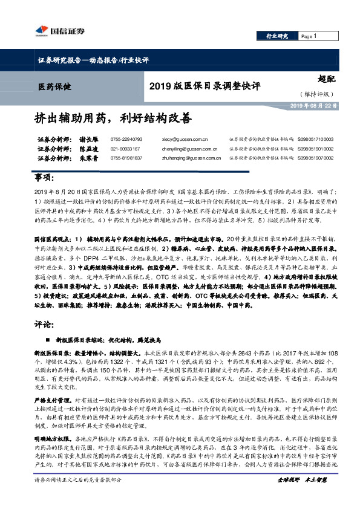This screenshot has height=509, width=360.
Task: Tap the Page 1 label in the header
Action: pos(309,36)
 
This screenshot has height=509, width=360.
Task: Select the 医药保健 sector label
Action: pos(54,87)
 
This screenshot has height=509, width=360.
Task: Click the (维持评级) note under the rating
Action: pos(316,94)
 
